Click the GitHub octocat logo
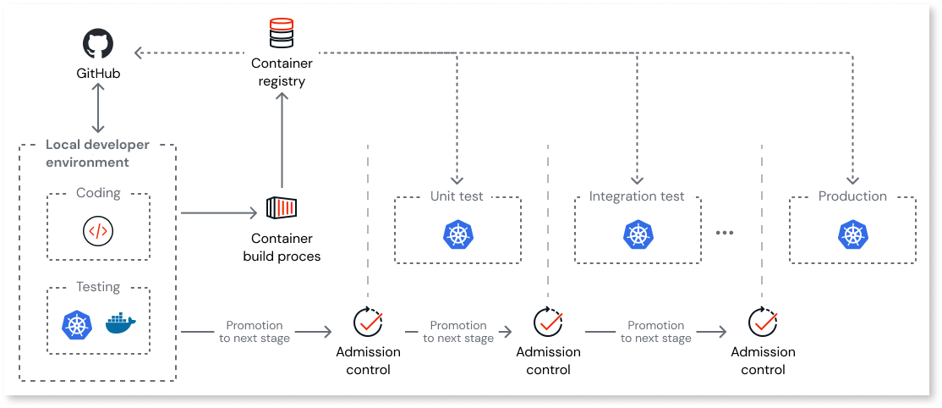[97, 44]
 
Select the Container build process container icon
[282, 208]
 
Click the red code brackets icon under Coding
[98, 230]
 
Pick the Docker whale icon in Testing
[121, 324]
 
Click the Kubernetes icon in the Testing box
[77, 325]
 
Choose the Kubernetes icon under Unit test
[457, 234]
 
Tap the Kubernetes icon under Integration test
[637, 234]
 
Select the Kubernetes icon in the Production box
[852, 234]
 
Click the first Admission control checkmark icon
[368, 322]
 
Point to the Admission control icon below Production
[763, 322]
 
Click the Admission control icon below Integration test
[548, 322]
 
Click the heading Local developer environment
[98, 153]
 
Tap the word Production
[852, 196]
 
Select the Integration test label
[637, 196]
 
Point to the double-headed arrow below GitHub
[99, 108]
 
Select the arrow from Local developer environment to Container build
[218, 213]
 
